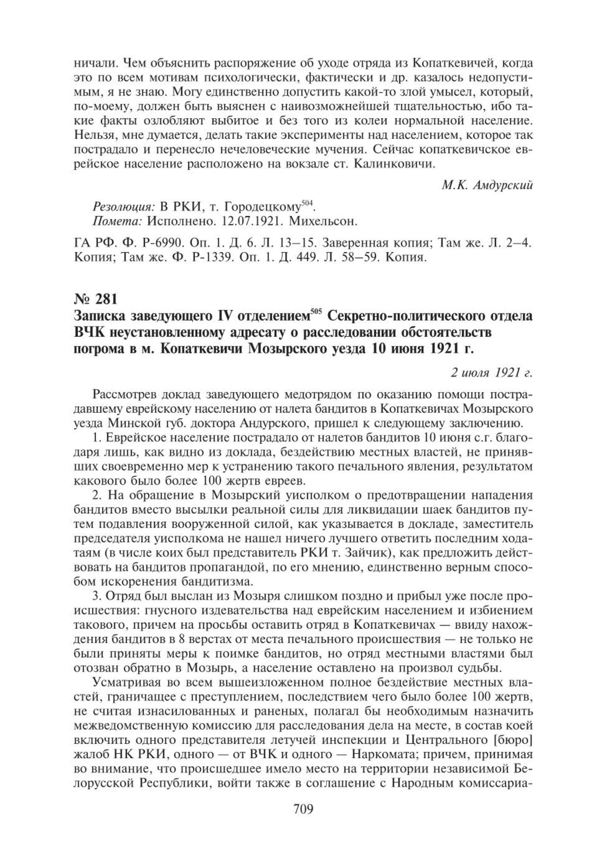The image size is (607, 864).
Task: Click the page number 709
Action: pos(304,809)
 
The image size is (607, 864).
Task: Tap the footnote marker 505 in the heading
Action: pos(316,313)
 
